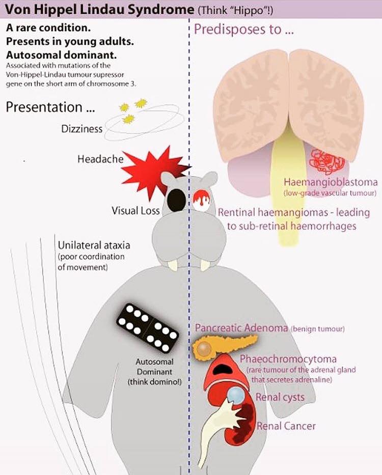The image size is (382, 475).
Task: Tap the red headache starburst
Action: tap(152, 173)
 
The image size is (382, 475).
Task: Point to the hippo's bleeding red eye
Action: tap(203, 201)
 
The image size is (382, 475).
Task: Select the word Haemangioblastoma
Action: tap(331, 182)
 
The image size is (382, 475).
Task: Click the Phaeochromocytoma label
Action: tap(288, 359)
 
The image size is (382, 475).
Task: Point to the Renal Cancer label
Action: tap(286, 426)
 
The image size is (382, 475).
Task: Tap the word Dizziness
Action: tap(82, 129)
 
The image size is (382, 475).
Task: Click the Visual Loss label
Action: tap(135, 211)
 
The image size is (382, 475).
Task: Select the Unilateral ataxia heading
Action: tap(94, 245)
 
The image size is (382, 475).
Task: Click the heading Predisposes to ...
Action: tap(244, 30)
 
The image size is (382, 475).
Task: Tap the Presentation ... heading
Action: tap(50, 107)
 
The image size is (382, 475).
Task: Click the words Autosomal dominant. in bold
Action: tap(61, 55)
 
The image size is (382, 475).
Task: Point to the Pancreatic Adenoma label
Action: tap(241, 328)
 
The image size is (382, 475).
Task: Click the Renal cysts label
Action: tap(280, 397)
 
